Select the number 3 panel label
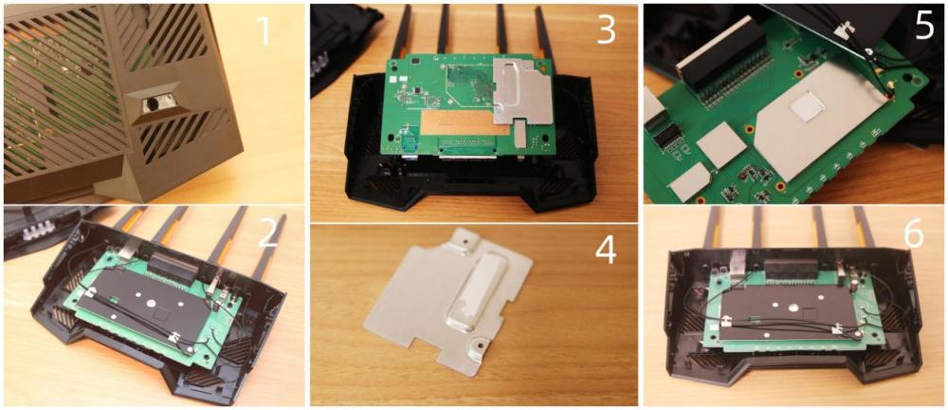(x=606, y=29)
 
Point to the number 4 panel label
(x=606, y=251)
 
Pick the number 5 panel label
(x=923, y=26)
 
